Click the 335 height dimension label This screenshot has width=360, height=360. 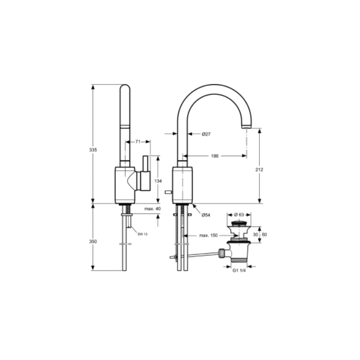click(x=93, y=150)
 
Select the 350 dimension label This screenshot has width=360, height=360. click(x=93, y=242)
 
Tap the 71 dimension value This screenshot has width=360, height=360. click(x=138, y=142)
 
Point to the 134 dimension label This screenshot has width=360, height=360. click(x=158, y=181)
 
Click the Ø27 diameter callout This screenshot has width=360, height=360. click(x=206, y=134)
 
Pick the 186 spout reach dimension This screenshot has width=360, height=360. click(x=215, y=156)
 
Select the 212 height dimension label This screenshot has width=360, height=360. click(x=259, y=170)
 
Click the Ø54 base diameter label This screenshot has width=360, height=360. click(x=206, y=215)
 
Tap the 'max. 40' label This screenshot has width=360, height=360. click(x=152, y=209)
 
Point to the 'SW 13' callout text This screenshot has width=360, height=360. click(x=143, y=234)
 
